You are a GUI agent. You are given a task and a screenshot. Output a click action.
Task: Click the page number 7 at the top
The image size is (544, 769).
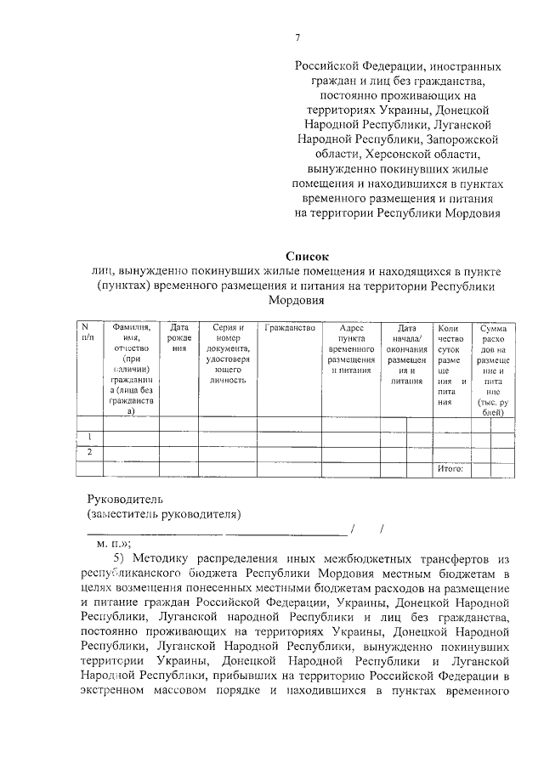point(297,37)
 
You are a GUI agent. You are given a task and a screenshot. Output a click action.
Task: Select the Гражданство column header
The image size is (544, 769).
point(290,327)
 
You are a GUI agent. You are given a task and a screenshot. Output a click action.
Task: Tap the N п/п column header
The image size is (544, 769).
point(87,332)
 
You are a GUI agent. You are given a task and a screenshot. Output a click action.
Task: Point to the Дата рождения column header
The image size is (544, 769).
point(178,337)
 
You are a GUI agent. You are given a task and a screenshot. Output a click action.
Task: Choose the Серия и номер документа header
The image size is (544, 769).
point(228,353)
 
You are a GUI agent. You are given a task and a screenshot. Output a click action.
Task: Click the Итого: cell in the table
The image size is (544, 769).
point(449,468)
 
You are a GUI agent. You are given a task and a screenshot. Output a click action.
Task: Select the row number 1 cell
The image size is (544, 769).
point(89,437)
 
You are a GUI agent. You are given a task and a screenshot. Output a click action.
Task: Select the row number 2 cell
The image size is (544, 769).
point(89,452)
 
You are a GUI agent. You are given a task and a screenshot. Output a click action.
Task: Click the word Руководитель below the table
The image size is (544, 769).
point(124,499)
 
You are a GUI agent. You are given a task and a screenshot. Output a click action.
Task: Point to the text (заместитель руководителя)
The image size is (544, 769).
point(163,514)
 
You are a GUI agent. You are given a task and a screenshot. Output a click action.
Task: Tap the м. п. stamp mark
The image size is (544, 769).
point(113,544)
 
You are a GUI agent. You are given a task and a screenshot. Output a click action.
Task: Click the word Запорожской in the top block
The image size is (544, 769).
point(465,139)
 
